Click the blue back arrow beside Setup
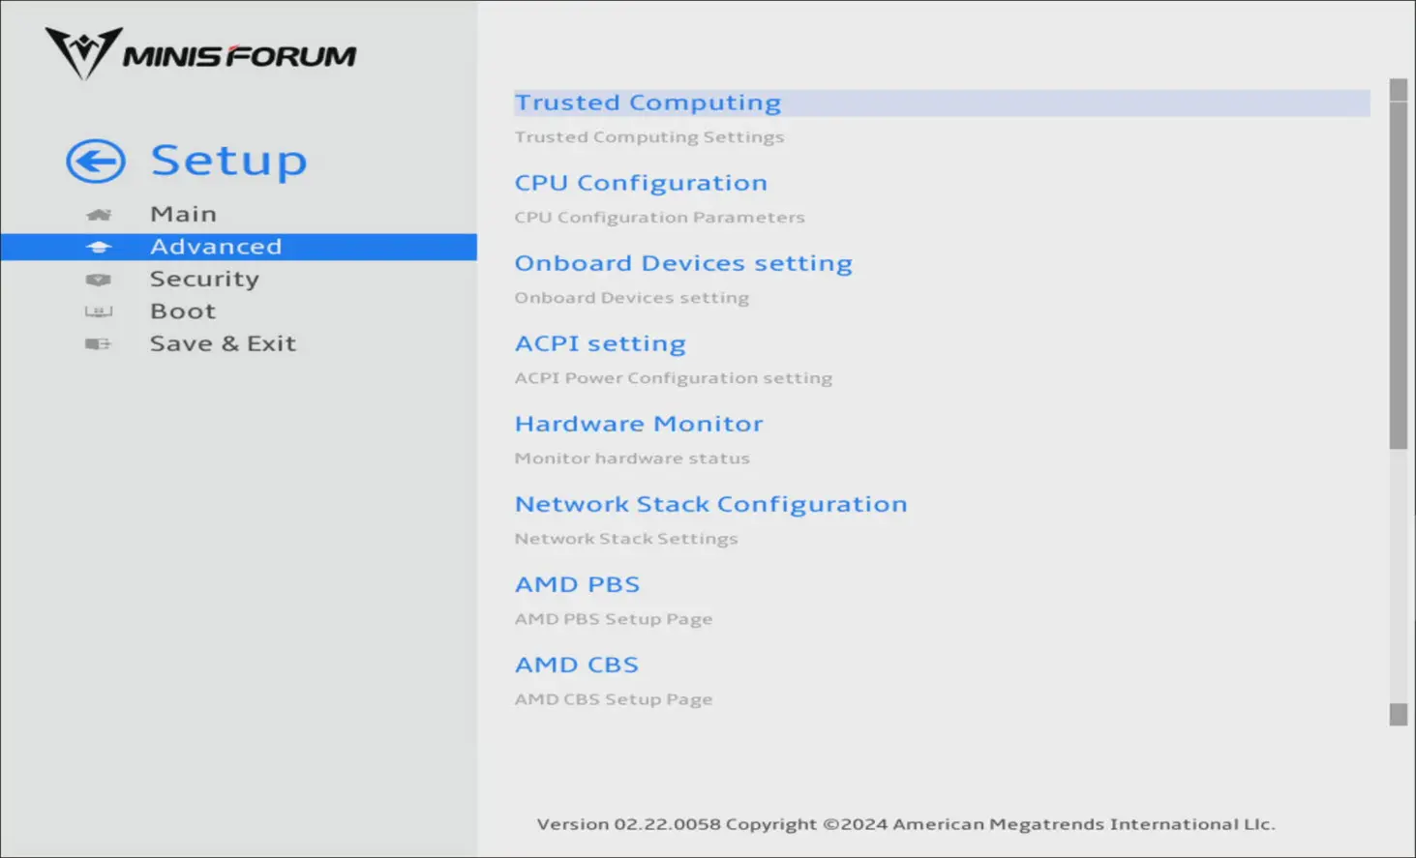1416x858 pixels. [96, 162]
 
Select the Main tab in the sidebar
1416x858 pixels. [183, 214]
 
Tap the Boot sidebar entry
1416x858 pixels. [183, 311]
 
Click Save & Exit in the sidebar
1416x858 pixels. [223, 343]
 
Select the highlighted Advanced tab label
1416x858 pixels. [216, 247]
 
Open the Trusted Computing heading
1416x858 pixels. [648, 103]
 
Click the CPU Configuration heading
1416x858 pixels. [641, 183]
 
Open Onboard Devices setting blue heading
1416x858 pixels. [683, 263]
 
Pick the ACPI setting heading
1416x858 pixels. [600, 343]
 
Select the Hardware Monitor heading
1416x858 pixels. [639, 424]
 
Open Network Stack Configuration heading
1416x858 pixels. [711, 504]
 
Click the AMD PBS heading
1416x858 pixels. [577, 584]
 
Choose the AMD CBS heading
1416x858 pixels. [577, 664]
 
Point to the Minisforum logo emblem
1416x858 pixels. [83, 53]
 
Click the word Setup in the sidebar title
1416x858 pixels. [228, 161]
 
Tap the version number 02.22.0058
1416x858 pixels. [667, 824]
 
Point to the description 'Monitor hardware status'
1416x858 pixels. [632, 459]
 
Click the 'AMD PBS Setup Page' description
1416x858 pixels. [614, 618]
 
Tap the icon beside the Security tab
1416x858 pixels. [98, 280]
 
